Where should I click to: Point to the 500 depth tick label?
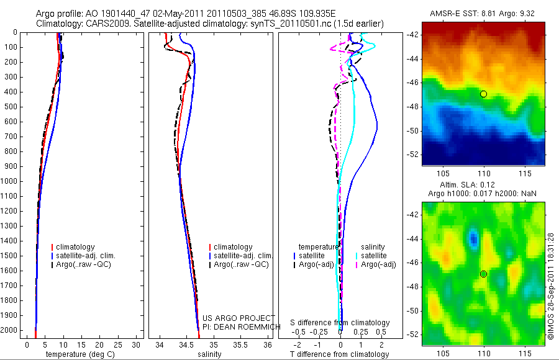pos(10,107)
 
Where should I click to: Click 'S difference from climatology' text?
pos(340,323)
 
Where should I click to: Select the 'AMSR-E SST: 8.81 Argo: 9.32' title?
pos(483,14)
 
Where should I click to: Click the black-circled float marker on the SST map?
pos(483,94)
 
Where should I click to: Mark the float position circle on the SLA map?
pos(483,274)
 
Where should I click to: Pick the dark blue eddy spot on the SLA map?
pos(473,237)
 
